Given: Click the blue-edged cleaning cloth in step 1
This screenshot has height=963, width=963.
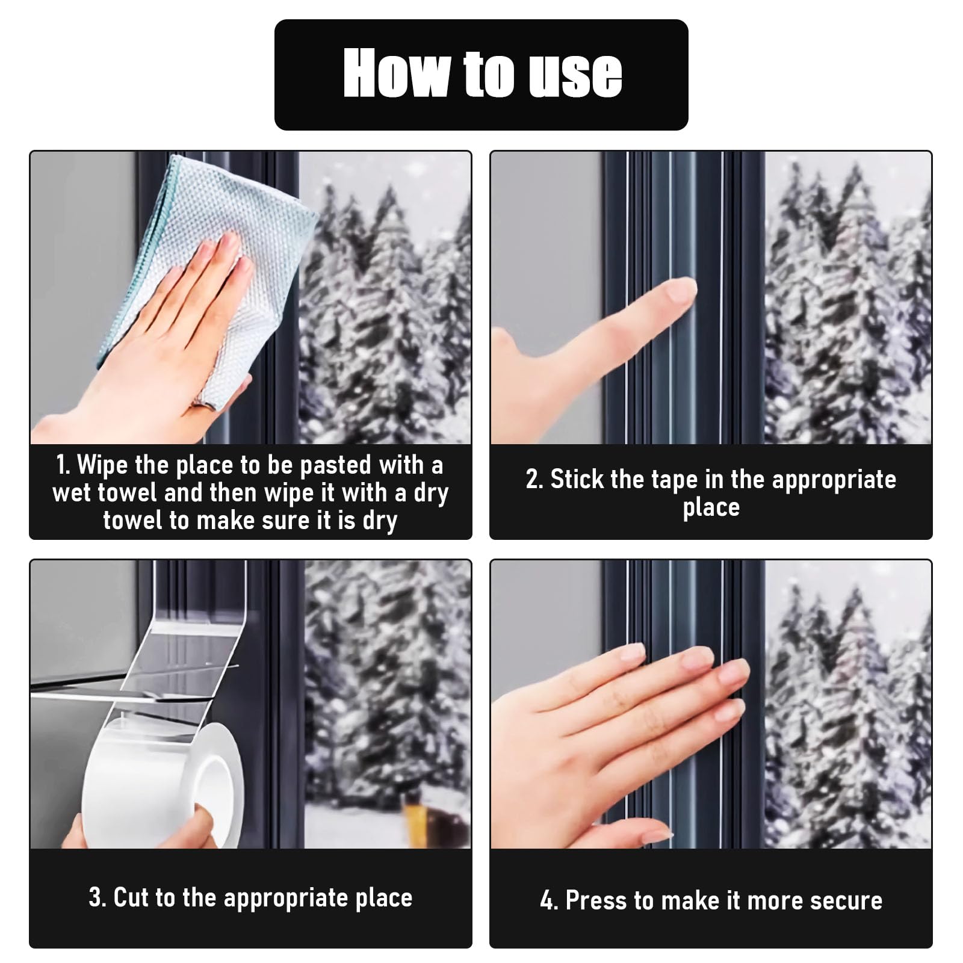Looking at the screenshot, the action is pyautogui.click(x=211, y=265).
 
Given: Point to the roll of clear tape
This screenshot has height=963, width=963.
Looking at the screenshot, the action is pyautogui.click(x=163, y=782).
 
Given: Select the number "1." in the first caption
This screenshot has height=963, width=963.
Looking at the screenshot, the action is pyautogui.click(x=64, y=465).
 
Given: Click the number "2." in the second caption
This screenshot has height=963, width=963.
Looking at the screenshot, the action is pyautogui.click(x=534, y=480).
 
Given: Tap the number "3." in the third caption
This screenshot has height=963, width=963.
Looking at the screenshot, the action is pyautogui.click(x=98, y=897).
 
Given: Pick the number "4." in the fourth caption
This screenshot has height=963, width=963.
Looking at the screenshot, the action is pyautogui.click(x=549, y=900).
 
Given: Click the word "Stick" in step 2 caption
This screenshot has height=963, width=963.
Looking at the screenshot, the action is pyautogui.click(x=577, y=479).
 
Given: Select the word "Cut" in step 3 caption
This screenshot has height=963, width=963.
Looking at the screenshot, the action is pyautogui.click(x=131, y=897).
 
